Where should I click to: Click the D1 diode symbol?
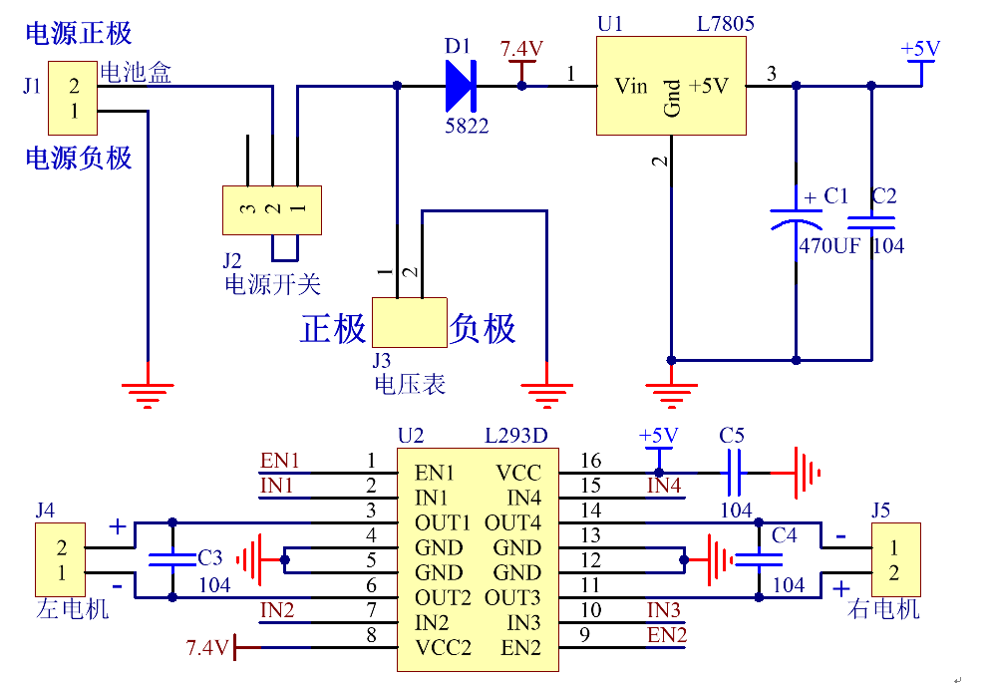click(461, 86)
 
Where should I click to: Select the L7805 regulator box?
click(671, 86)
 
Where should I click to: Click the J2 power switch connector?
click(272, 209)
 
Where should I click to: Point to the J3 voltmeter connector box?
click(409, 322)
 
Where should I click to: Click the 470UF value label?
click(829, 246)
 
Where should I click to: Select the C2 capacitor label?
click(884, 196)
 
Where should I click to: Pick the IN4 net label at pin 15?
click(664, 487)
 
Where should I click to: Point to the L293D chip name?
click(515, 436)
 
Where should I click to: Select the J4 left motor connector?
click(63, 560)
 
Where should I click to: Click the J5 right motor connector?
click(894, 560)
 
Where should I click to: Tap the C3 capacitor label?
click(210, 557)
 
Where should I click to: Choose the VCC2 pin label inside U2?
click(443, 648)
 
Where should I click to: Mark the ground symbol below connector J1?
click(148, 393)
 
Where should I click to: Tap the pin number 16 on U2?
click(590, 461)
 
